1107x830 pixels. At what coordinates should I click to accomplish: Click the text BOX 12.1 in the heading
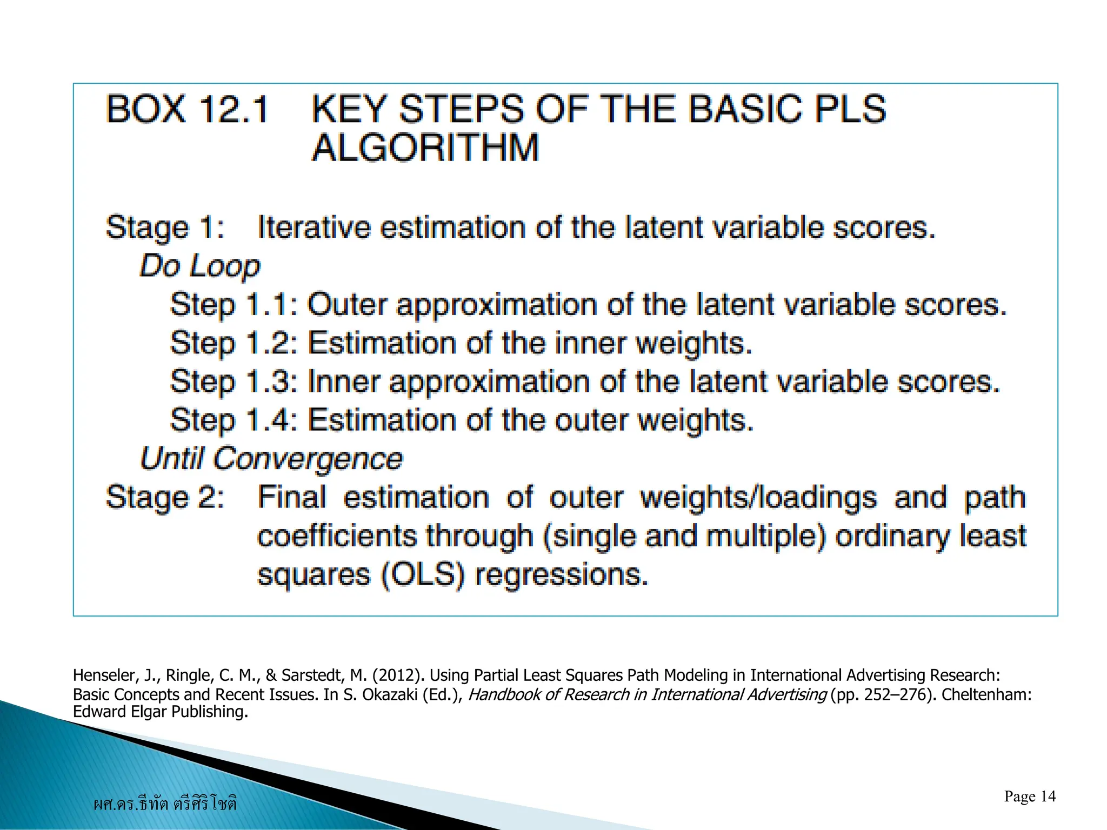click(187, 109)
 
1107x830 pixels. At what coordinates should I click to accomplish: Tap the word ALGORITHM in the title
click(425, 148)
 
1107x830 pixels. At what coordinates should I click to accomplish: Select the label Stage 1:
click(165, 227)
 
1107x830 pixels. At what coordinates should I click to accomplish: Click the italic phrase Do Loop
click(200, 266)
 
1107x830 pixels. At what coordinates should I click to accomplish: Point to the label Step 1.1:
click(234, 305)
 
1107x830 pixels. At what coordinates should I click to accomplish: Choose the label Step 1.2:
click(234, 343)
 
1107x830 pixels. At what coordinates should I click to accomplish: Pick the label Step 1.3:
click(234, 382)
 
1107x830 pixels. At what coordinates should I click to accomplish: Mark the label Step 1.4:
click(234, 420)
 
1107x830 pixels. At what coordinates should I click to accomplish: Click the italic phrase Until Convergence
click(271, 459)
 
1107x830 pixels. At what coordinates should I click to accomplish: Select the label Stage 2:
click(165, 498)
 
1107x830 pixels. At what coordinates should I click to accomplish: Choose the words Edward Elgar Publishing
click(160, 712)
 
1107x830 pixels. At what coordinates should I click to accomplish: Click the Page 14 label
click(1029, 796)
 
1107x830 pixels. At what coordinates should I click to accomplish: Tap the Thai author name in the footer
click(165, 804)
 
